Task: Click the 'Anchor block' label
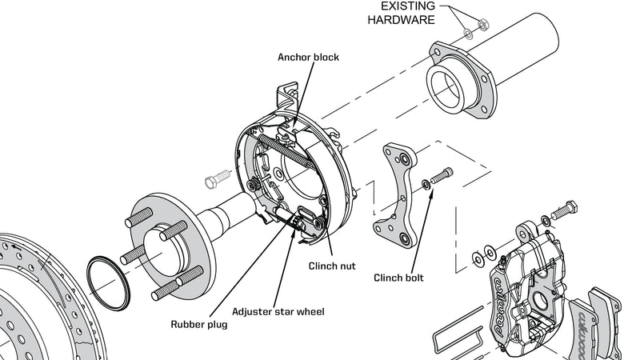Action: pyautogui.click(x=308, y=58)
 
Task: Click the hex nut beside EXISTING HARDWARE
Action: pyautogui.click(x=483, y=26)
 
